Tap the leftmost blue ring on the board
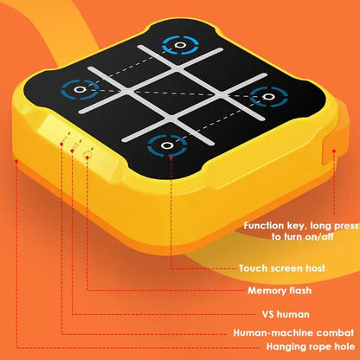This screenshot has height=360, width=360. pyautogui.click(x=80, y=88)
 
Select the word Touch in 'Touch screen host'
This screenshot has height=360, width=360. pyautogui.click(x=256, y=268)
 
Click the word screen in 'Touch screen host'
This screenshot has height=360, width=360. pyautogui.click(x=287, y=268)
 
